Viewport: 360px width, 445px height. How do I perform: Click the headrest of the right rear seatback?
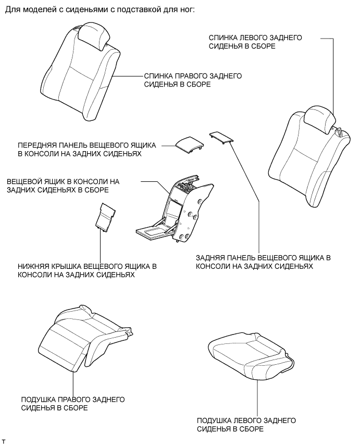[95, 37]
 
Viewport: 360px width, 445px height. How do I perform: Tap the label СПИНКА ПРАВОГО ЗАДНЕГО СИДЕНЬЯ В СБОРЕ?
[192, 79]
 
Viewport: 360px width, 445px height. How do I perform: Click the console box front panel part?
[189, 144]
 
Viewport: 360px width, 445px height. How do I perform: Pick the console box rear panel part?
[221, 137]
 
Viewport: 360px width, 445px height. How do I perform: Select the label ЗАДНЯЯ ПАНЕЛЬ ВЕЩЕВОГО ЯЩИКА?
[263, 262]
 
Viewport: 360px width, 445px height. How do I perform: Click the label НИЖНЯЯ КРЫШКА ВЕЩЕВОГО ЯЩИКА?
[87, 270]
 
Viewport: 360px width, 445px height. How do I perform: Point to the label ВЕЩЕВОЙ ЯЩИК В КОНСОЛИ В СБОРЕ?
[63, 186]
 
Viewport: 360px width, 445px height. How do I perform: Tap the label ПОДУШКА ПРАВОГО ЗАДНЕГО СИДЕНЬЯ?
[72, 403]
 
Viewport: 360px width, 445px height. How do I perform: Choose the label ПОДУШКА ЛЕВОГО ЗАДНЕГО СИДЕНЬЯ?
[246, 424]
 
